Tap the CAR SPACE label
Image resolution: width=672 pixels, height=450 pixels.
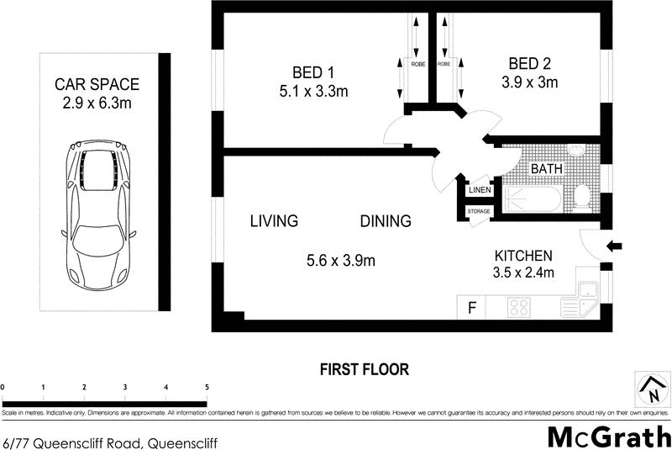pyautogui.click(x=96, y=85)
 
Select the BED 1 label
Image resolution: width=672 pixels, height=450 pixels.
pyautogui.click(x=313, y=71)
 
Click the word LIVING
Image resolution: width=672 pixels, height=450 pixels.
pyautogui.click(x=275, y=221)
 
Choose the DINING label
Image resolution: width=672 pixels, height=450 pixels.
pyautogui.click(x=386, y=221)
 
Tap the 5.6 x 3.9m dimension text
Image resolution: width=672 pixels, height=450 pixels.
pyautogui.click(x=340, y=261)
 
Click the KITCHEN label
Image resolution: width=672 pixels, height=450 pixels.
pyautogui.click(x=522, y=256)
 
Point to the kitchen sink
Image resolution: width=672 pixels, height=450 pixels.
pyautogui.click(x=585, y=294)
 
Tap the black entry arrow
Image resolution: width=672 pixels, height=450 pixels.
pyautogui.click(x=614, y=246)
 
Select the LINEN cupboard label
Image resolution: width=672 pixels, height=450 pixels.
pyautogui.click(x=479, y=190)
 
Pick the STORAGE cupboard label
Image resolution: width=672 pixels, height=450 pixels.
pyautogui.click(x=479, y=211)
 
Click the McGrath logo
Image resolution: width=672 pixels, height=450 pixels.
pyautogui.click(x=609, y=436)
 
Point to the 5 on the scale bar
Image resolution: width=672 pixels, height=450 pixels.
pyautogui.click(x=207, y=386)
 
